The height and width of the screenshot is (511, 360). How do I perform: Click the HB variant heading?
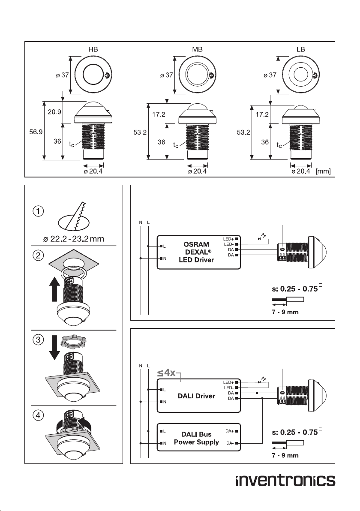(x=93, y=49)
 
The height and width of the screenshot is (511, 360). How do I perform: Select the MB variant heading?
(x=197, y=49)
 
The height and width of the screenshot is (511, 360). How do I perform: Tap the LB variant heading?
(x=301, y=49)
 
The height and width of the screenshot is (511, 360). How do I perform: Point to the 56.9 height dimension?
(x=36, y=132)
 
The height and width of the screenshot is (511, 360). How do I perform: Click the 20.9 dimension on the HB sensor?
(x=54, y=112)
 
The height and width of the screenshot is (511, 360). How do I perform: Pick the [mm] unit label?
(x=323, y=171)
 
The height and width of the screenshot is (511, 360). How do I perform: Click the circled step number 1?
(x=38, y=211)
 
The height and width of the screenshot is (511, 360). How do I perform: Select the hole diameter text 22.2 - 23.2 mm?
(x=74, y=239)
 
